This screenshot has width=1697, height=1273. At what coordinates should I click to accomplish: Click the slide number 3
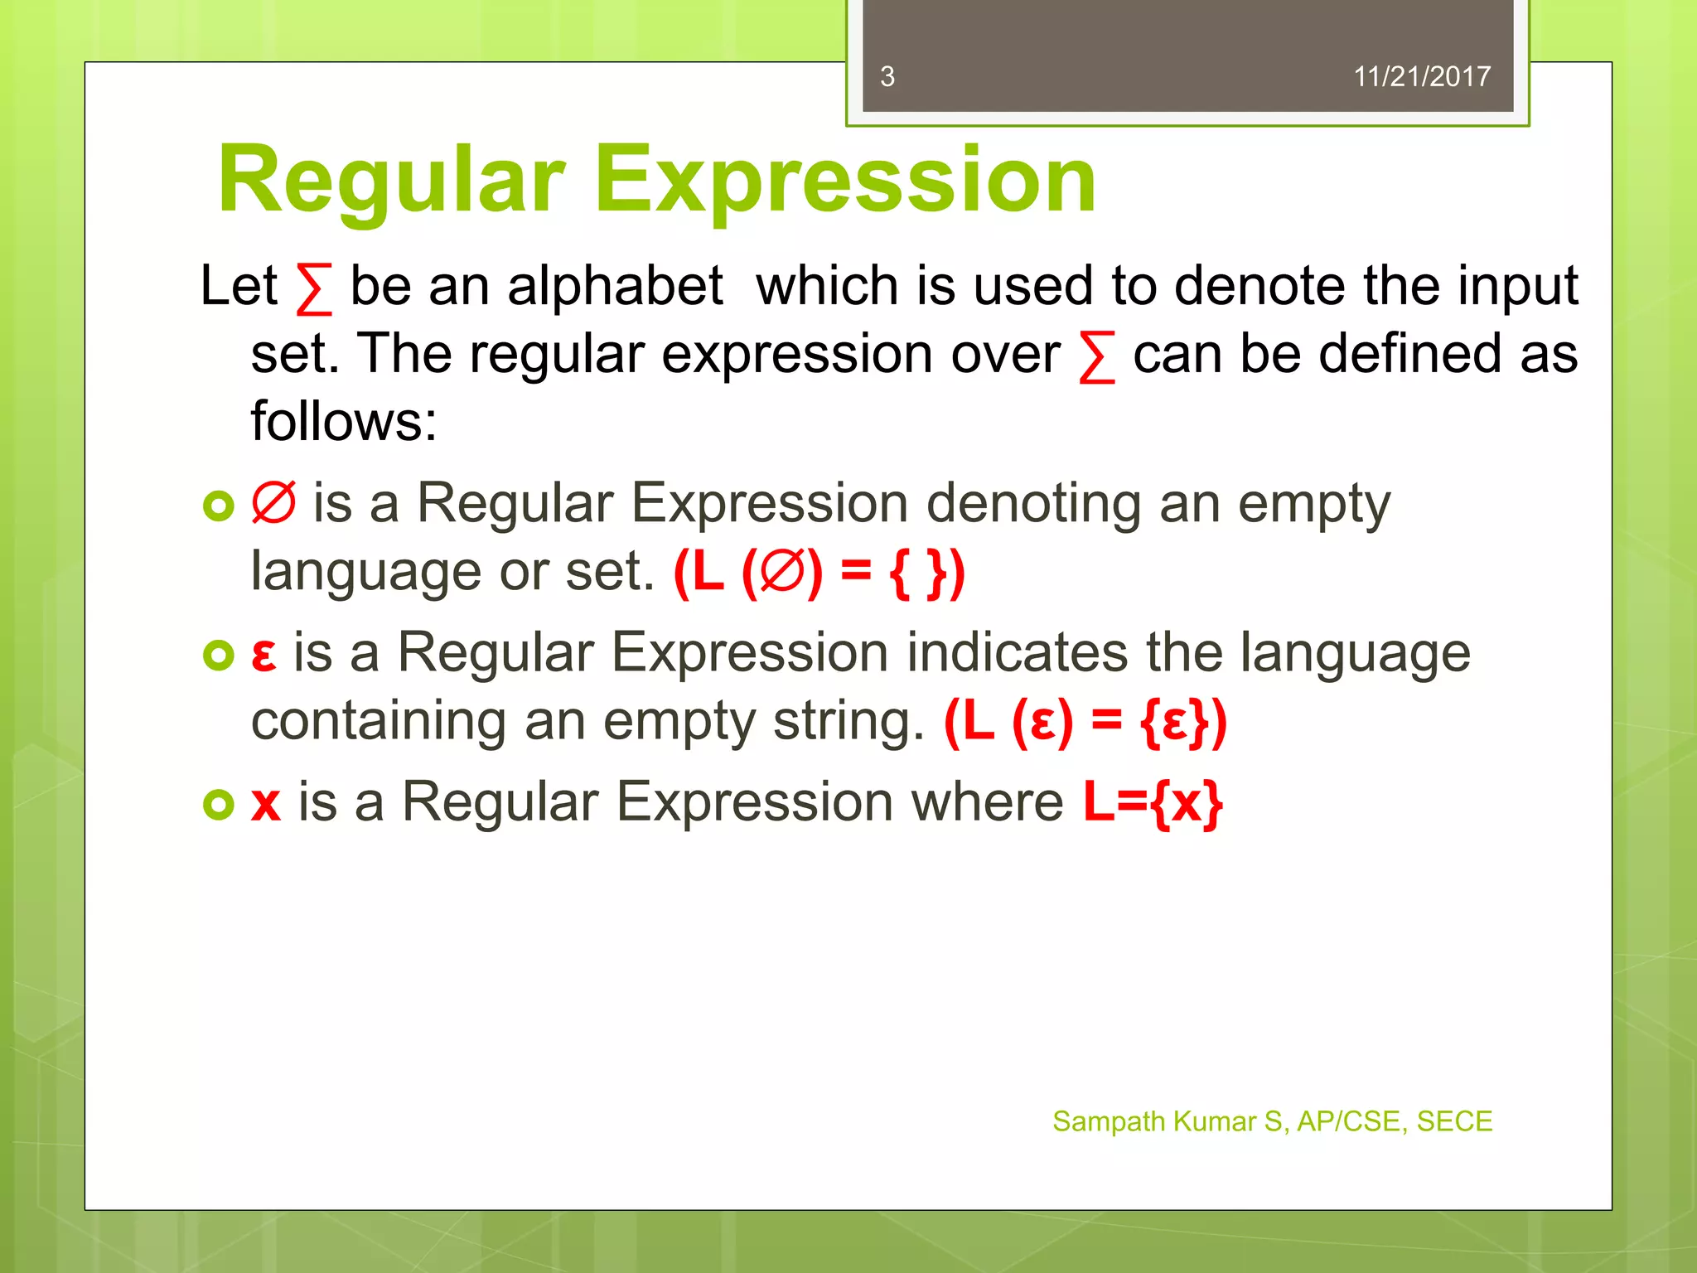[887, 77]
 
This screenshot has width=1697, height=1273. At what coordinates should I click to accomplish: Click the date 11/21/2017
[1422, 77]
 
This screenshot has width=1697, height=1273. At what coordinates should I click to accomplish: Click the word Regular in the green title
[391, 181]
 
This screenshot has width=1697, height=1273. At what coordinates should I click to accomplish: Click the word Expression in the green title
[845, 181]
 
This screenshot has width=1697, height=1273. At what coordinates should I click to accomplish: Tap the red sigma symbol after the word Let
[314, 289]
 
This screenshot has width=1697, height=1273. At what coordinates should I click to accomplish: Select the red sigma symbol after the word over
[1097, 357]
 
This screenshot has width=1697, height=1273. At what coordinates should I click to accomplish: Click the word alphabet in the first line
[615, 286]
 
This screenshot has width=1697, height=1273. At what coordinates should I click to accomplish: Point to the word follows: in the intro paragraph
[344, 421]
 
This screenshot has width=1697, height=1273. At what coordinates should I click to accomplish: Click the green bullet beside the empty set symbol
[219, 506]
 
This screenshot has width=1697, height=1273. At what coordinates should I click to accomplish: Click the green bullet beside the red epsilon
[219, 656]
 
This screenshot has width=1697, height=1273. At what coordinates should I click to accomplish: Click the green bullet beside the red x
[219, 804]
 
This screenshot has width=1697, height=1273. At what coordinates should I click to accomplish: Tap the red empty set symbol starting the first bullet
[273, 502]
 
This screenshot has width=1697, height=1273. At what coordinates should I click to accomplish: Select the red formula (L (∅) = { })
[819, 573]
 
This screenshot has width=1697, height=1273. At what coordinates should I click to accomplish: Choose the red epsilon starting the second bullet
[263, 655]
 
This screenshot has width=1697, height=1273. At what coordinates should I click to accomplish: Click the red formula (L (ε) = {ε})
[1085, 722]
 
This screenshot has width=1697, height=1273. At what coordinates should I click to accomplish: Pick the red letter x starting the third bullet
[266, 804]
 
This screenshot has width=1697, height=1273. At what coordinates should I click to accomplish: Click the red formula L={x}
[1153, 802]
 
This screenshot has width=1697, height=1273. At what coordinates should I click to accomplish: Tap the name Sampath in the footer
[1109, 1121]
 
